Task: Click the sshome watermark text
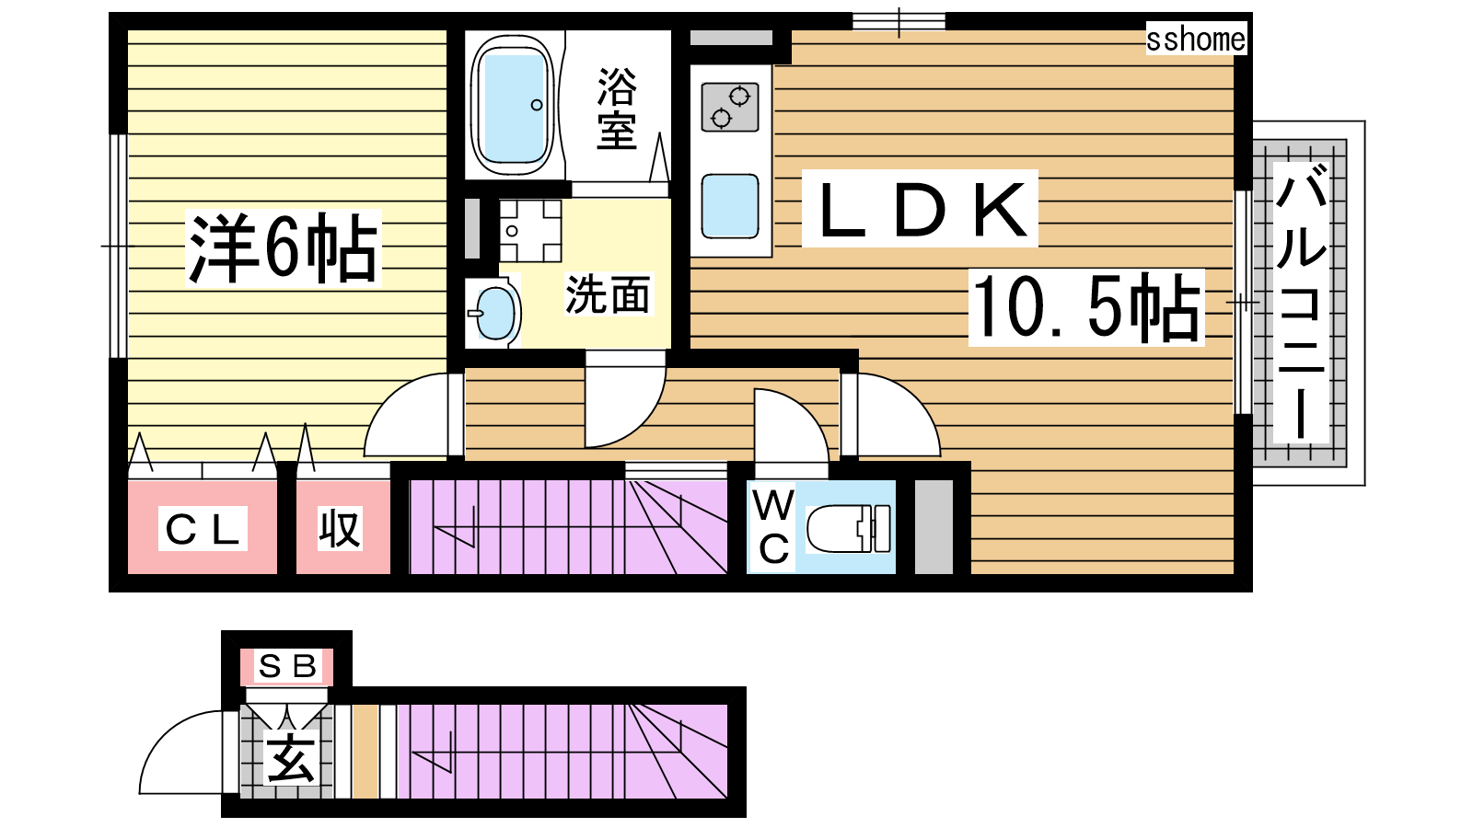[1196, 40]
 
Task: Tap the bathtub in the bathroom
[513, 105]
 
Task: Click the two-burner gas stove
[730, 107]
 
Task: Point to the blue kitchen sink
[730, 206]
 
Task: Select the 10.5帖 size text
[1086, 307]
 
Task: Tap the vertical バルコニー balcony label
[1301, 303]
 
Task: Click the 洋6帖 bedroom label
[283, 247]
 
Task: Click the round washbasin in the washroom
[494, 313]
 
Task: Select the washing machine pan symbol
[530, 231]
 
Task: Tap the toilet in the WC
[848, 528]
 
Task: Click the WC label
[773, 528]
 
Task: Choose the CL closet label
[203, 529]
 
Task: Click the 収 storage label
[340, 528]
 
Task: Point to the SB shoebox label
[287, 666]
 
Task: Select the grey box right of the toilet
[934, 527]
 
